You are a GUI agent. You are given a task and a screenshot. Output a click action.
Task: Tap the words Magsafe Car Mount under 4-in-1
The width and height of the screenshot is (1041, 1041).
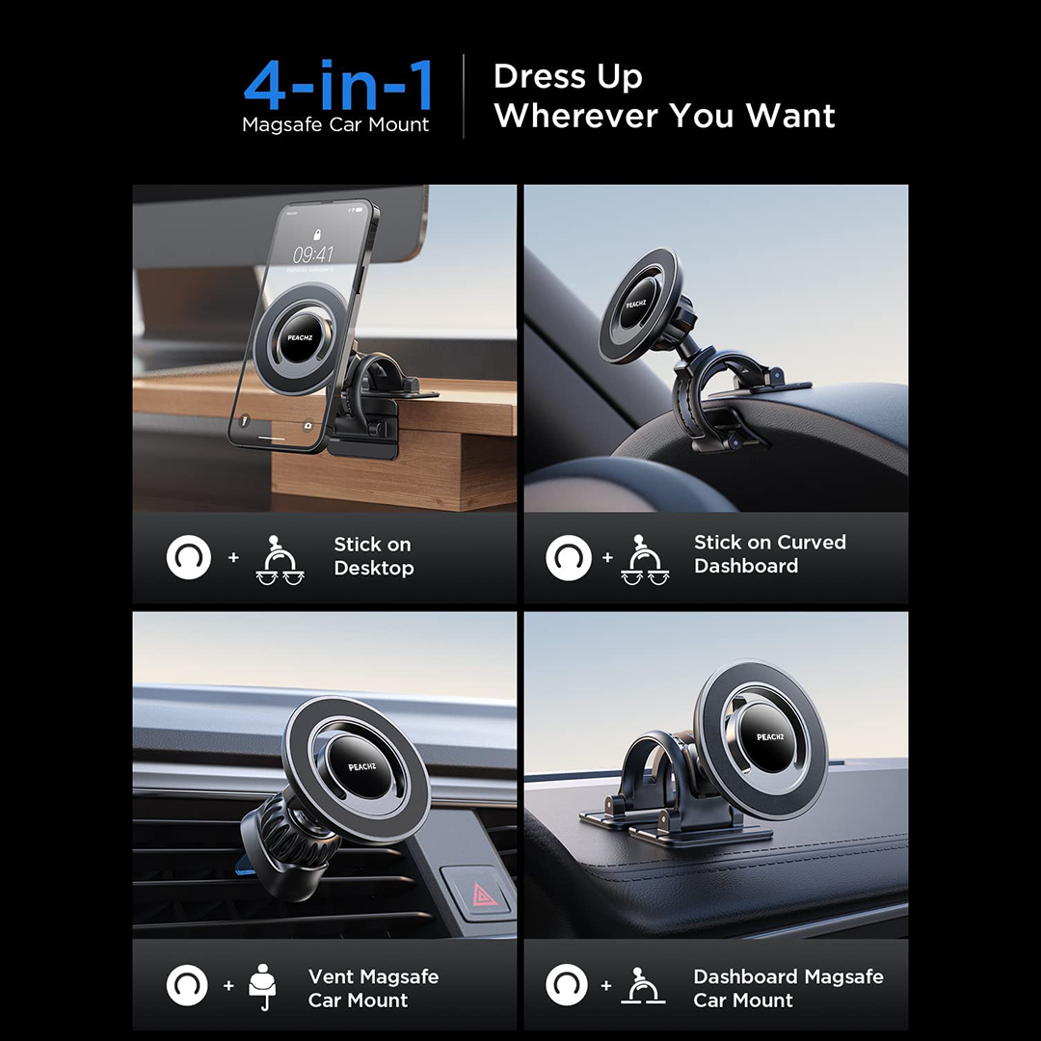335,124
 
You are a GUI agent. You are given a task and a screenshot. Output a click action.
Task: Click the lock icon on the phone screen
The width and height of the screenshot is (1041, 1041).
317,234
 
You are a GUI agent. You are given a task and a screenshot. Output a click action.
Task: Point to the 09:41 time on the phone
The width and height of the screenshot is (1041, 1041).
312,254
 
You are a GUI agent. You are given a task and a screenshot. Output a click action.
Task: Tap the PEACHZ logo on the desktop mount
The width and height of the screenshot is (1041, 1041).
300,338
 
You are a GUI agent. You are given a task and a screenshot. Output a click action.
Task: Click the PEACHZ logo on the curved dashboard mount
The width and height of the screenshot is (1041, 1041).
635,304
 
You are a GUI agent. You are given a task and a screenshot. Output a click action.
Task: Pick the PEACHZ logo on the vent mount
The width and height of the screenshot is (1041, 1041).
361,767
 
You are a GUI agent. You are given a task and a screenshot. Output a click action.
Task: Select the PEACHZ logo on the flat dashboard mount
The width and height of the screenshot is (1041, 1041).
770,737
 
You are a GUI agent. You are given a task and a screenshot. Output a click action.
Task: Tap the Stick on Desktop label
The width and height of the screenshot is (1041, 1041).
374,556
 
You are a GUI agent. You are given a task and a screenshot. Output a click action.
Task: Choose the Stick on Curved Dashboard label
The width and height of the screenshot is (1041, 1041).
769,553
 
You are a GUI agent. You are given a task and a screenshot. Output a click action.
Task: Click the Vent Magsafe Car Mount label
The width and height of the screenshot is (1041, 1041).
373,989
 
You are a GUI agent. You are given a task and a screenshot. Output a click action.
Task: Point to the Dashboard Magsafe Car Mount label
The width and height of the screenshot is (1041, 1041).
788,989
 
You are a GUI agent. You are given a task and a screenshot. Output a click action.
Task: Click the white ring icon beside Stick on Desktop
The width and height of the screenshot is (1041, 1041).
189,557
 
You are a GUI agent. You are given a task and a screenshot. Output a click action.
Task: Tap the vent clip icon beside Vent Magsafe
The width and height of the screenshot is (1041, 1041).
262,987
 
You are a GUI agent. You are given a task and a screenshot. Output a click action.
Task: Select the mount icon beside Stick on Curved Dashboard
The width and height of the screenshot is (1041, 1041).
645,559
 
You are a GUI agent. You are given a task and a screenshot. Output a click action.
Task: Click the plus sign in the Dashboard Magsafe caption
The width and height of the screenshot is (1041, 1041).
606,986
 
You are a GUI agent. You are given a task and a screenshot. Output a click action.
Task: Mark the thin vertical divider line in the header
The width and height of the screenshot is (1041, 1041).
464,96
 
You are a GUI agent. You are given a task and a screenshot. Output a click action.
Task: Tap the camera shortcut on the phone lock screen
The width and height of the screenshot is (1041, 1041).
307,426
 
